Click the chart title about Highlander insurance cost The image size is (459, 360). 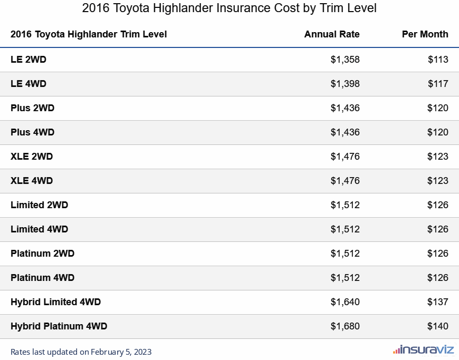pos(230,9)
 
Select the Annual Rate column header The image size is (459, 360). pos(332,34)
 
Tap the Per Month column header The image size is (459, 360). pos(425,34)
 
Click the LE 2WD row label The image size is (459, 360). pos(28,60)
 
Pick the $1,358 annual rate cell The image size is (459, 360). pos(345,60)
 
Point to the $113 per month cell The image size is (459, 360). pos(438,60)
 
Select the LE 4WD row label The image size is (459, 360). pos(28,84)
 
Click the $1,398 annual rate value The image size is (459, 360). pos(345,84)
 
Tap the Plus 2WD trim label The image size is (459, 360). pos(32,108)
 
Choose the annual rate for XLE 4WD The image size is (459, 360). pos(345,181)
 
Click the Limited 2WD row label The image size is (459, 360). pos(39,205)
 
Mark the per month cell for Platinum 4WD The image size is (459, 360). pos(438,278)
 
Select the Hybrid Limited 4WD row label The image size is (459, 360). pos(55,302)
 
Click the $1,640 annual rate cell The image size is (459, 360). pos(345,302)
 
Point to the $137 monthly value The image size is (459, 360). pos(438,302)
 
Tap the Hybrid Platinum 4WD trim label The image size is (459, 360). pos(59,326)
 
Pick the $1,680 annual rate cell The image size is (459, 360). pos(345,326)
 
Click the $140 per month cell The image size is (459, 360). pos(438,326)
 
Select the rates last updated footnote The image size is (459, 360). pos(81,352)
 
